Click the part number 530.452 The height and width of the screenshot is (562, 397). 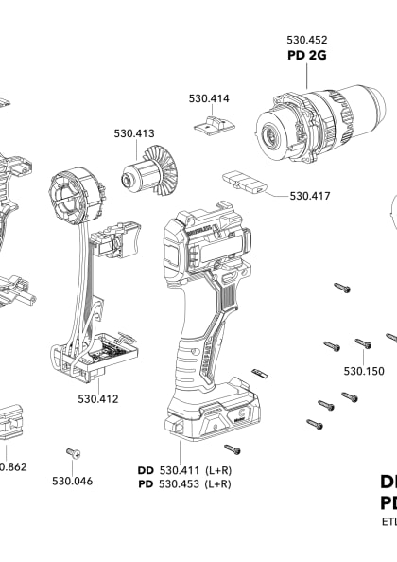[x=307, y=41]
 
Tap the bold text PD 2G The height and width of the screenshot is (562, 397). [x=307, y=56]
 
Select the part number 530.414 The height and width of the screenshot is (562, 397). [x=208, y=98]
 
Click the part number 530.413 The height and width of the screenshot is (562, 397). [x=134, y=135]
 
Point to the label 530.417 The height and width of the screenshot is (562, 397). [x=310, y=196]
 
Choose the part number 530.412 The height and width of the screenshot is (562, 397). [x=98, y=398]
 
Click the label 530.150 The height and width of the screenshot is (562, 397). [x=364, y=371]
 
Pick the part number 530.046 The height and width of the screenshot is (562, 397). [x=72, y=481]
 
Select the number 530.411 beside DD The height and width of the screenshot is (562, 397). [x=182, y=470]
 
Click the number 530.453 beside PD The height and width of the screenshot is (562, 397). [x=182, y=484]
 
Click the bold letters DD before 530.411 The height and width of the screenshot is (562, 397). [x=146, y=470]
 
